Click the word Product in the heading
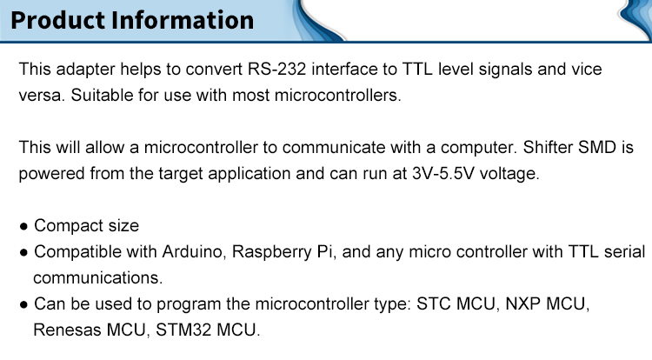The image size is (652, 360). tap(58, 20)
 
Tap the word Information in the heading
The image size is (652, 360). tap(183, 20)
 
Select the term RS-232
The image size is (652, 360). tap(277, 69)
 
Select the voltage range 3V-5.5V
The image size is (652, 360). tap(443, 173)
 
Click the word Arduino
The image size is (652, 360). tap(194, 252)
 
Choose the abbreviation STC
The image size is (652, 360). tap(434, 303)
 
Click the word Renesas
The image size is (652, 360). tap(67, 330)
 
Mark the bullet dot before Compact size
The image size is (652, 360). tap(23, 227)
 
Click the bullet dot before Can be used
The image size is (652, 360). tap(23, 305)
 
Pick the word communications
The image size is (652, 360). tap(97, 277)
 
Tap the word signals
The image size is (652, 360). tap(505, 70)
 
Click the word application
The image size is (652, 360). tap(249, 174)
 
